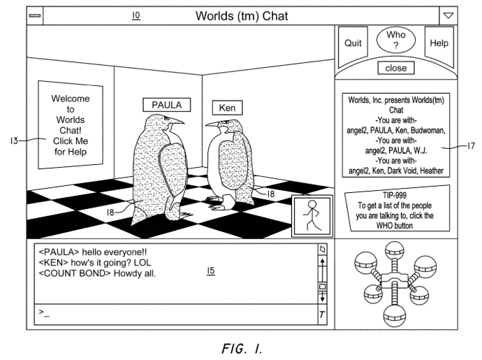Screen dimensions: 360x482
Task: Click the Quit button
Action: (x=353, y=43)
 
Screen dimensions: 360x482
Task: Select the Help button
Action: (x=439, y=43)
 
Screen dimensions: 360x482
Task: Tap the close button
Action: (x=396, y=69)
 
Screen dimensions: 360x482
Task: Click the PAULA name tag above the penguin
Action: (x=166, y=106)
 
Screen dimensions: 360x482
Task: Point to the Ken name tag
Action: (x=227, y=108)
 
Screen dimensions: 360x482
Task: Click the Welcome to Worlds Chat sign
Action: (x=71, y=125)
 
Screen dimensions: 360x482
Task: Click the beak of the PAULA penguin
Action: (x=177, y=121)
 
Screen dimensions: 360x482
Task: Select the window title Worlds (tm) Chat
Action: (x=241, y=15)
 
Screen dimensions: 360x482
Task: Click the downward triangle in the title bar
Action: (x=448, y=15)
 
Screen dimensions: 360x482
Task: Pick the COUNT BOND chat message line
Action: (x=98, y=273)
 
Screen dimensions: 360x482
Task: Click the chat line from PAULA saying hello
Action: (x=93, y=252)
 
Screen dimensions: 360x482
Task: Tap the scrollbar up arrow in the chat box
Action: (x=322, y=262)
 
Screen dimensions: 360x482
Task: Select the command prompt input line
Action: (x=175, y=312)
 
